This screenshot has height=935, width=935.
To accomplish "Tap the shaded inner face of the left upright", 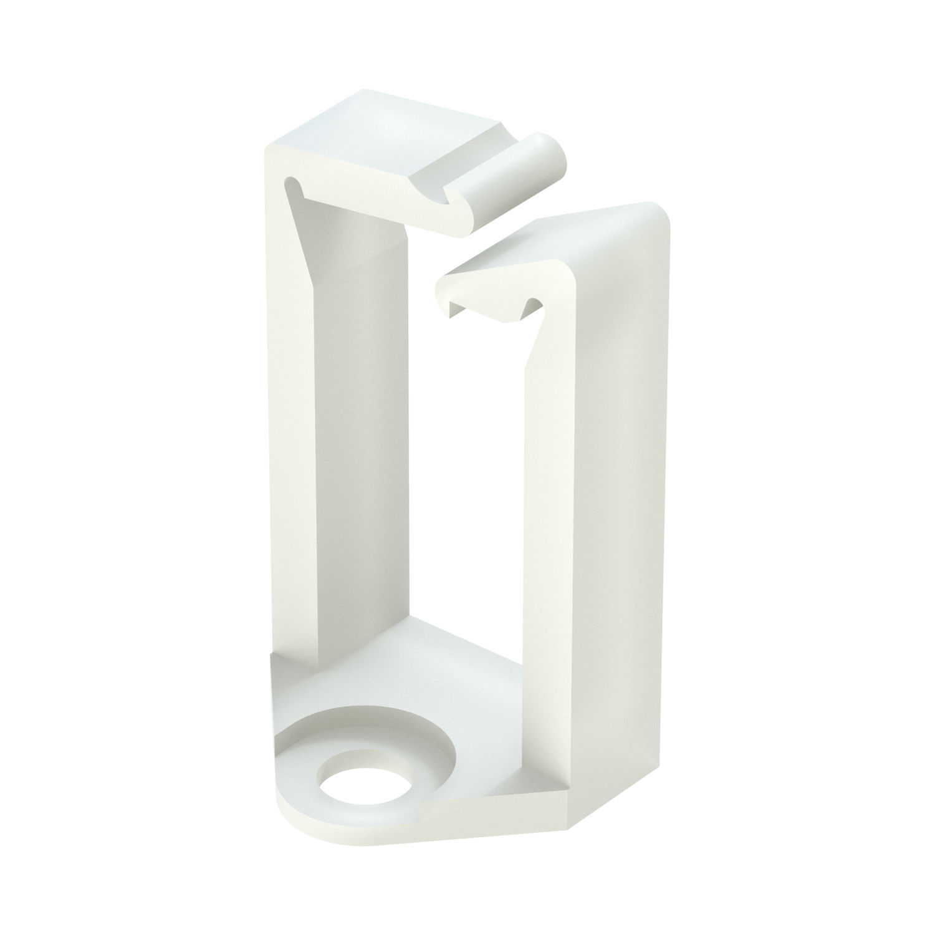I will (x=374, y=436).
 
